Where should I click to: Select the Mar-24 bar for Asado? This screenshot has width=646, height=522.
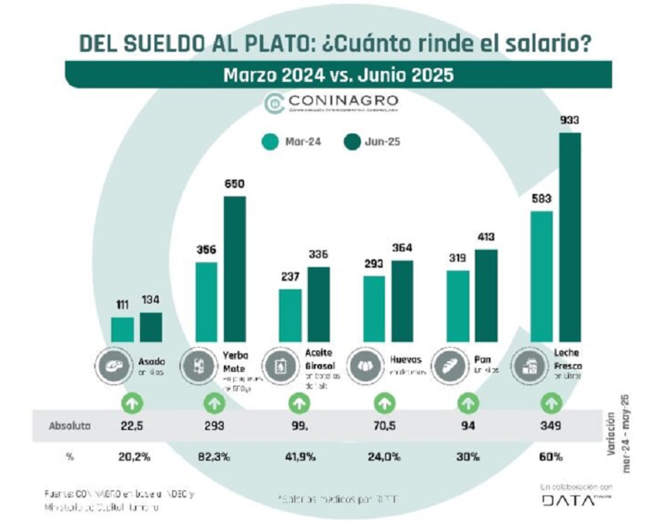122,329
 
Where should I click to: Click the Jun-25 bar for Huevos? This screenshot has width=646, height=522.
402,301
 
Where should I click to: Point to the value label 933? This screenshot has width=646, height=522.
569,120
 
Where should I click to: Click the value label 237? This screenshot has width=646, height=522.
290,277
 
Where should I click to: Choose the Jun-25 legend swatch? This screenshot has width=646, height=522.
354,142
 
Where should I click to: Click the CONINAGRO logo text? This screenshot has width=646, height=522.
341,102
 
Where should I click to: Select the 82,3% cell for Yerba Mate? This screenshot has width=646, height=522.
214,457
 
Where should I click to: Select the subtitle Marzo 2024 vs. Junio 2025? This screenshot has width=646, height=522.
338,74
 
